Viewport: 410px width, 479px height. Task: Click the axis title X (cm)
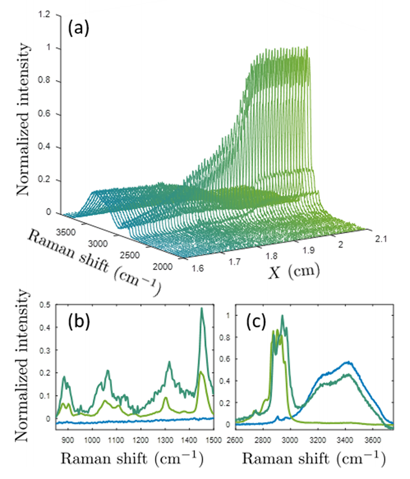(x=293, y=271)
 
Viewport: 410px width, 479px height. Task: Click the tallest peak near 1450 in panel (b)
(x=201, y=308)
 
